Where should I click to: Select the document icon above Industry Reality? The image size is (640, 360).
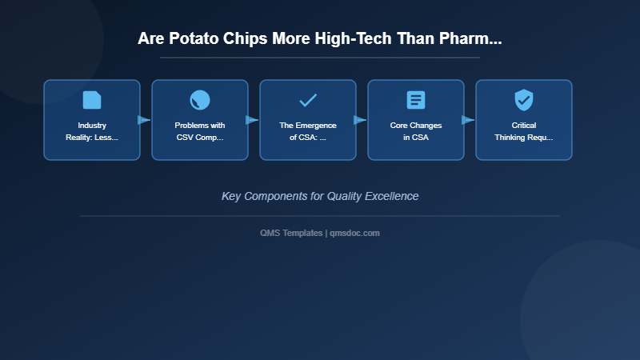[x=92, y=100]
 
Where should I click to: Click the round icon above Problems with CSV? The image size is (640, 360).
[x=200, y=100]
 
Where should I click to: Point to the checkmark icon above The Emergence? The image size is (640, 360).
[x=308, y=100]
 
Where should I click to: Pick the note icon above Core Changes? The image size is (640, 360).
[x=416, y=100]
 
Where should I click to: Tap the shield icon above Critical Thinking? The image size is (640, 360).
[x=524, y=100]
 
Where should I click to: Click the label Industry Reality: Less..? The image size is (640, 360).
[x=92, y=131]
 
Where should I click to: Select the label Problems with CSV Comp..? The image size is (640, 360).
[x=200, y=131]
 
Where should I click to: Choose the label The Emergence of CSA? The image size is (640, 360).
[x=308, y=131]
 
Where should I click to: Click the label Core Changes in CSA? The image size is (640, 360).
[x=416, y=131]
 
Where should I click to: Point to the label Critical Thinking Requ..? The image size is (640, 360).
[x=524, y=131]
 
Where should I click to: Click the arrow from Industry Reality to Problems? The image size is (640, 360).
[x=145, y=120]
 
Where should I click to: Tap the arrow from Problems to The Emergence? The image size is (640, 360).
[x=253, y=120]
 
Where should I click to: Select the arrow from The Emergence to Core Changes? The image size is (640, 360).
[x=361, y=120]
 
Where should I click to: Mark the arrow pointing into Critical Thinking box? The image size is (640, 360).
[x=469, y=120]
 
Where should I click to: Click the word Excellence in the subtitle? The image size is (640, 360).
[x=391, y=196]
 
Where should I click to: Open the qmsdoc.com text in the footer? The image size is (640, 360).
[x=355, y=233]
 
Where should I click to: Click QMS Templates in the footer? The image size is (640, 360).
[x=291, y=233]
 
